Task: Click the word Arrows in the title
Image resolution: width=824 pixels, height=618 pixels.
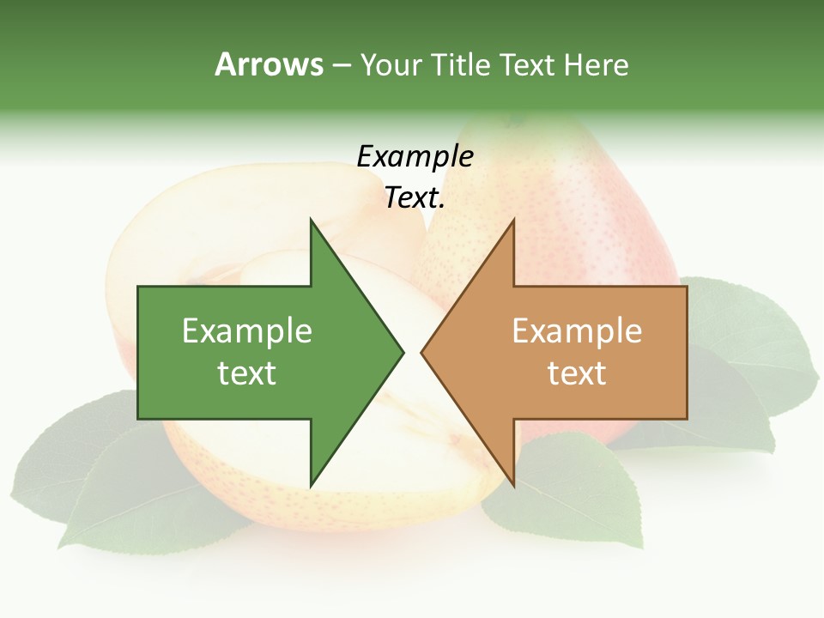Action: [269, 64]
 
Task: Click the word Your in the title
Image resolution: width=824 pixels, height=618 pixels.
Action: [391, 65]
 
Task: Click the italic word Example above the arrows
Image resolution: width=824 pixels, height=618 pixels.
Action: [415, 156]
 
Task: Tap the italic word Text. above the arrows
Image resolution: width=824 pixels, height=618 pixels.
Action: [415, 198]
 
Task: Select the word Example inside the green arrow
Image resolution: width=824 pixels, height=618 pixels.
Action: [247, 330]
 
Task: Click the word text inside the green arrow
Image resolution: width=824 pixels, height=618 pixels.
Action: [247, 373]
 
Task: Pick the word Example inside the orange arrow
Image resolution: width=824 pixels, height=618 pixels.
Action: [577, 330]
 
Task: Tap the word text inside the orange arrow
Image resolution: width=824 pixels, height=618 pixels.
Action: [577, 373]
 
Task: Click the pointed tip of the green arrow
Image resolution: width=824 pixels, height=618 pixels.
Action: [402, 352]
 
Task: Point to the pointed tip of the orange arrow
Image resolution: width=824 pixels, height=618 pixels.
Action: [423, 352]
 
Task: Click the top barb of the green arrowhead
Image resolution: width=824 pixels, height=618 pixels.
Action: [312, 225]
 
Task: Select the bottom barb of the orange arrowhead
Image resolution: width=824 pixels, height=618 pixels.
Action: [512, 481]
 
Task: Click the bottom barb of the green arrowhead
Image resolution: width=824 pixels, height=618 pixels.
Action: [312, 481]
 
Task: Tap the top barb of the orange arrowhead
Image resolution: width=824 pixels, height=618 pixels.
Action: [512, 225]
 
